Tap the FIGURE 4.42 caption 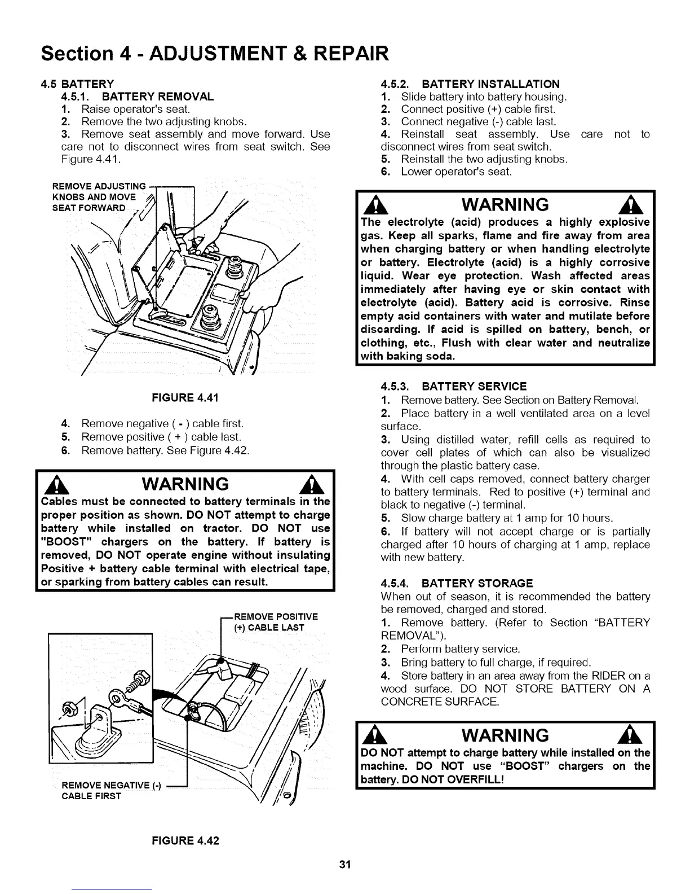tap(184, 840)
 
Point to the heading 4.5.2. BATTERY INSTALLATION tap(470, 84)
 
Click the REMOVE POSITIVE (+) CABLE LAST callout tap(276, 622)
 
